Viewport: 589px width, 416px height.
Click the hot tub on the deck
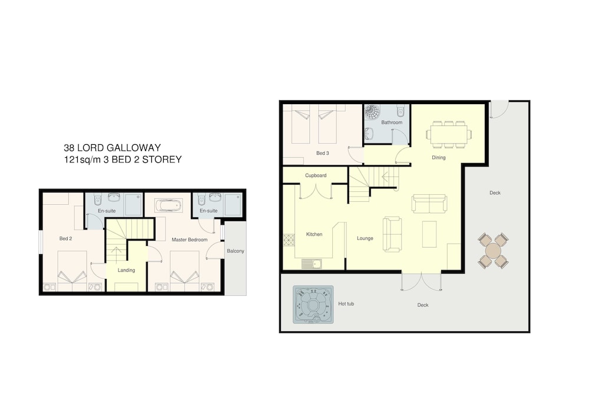[313, 305]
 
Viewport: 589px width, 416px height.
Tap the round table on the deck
[493, 250]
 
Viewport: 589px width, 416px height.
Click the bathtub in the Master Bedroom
[168, 205]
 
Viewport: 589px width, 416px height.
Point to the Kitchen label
[314, 234]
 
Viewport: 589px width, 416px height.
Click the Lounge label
[365, 238]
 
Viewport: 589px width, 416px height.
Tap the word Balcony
[236, 251]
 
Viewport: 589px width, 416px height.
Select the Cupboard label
[316, 175]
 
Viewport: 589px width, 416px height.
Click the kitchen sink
[312, 264]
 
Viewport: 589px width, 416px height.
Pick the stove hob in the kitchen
[289, 240]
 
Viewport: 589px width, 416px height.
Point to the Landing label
[126, 270]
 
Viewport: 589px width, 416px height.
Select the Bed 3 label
[322, 153]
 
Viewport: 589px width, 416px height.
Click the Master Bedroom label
[189, 239]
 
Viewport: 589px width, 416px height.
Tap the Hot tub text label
[346, 304]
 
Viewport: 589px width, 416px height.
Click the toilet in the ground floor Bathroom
[401, 110]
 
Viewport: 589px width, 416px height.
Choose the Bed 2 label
[66, 238]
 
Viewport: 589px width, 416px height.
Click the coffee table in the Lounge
[429, 234]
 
